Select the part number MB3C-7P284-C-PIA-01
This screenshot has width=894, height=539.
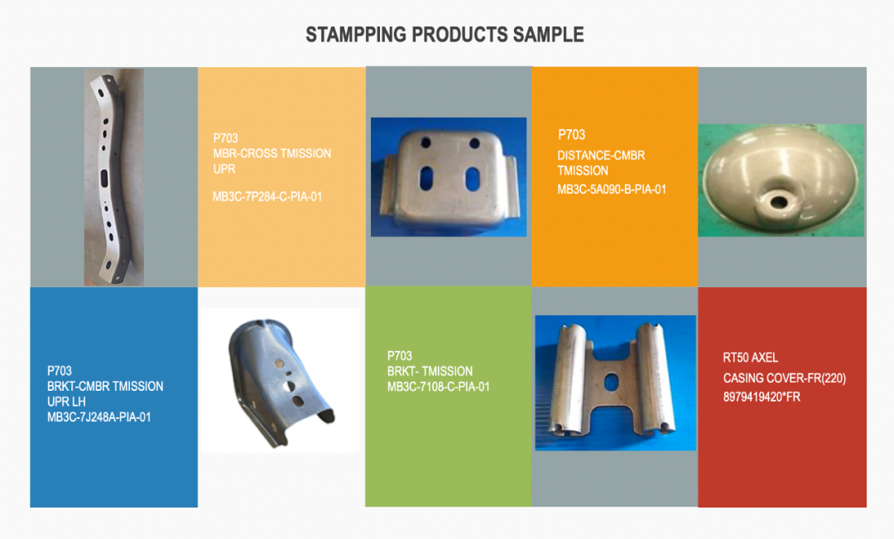pyautogui.click(x=267, y=197)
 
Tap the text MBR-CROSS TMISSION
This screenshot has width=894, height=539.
pyautogui.click(x=272, y=153)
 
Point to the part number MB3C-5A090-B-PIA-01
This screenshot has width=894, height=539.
pyautogui.click(x=612, y=190)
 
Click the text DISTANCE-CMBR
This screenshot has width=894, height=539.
pyautogui.click(x=601, y=155)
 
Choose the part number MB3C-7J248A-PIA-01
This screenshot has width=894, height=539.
pyautogui.click(x=99, y=417)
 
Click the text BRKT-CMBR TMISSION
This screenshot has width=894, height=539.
pyautogui.click(x=105, y=386)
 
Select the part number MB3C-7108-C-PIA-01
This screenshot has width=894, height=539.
pyautogui.click(x=439, y=387)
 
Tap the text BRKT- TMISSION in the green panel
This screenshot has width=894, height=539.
pyautogui.click(x=430, y=371)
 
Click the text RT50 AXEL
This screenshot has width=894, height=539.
pyautogui.click(x=750, y=358)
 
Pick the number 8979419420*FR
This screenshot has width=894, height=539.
pyautogui.click(x=762, y=397)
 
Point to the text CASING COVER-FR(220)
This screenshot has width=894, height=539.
pyautogui.click(x=785, y=378)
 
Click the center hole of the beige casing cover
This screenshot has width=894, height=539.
pyautogui.click(x=777, y=201)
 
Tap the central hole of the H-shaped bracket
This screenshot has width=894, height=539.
pyautogui.click(x=611, y=383)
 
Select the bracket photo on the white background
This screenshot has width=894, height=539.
pyautogui.click(x=280, y=381)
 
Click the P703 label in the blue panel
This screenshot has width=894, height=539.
pyautogui.click(x=60, y=371)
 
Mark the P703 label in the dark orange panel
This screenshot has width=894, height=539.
pyautogui.click(x=571, y=135)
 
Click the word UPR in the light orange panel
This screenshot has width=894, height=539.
pyautogui.click(x=224, y=169)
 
